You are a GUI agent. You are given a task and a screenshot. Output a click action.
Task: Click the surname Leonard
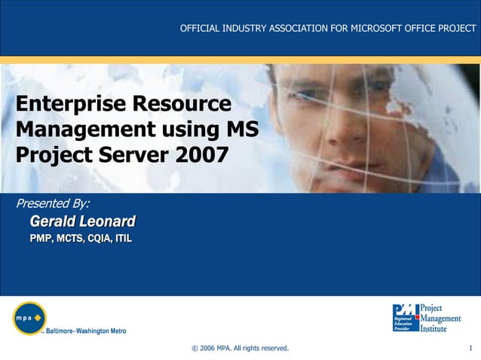pos(108,221)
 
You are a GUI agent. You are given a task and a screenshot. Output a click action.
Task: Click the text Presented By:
pos(53,203)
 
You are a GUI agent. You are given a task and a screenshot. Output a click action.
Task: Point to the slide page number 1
pos(470,348)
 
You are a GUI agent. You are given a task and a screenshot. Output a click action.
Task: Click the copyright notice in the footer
pos(240,348)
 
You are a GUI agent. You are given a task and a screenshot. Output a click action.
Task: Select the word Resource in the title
pos(182,104)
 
